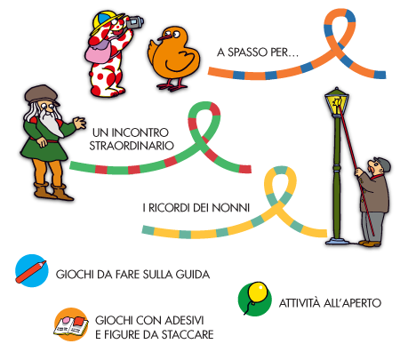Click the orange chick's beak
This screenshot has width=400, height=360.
pyautogui.click(x=164, y=37)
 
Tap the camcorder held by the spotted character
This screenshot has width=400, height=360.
pyautogui.click(x=135, y=22)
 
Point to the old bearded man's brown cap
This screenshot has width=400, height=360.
pyautogui.click(x=42, y=95)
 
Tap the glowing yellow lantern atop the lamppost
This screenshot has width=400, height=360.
pyautogui.click(x=337, y=102)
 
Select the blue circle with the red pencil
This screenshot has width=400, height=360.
pyautogui.click(x=32, y=271)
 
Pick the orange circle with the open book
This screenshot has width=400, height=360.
pyautogui.click(x=71, y=324)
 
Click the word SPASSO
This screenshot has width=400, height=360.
pyautogui.click(x=247, y=52)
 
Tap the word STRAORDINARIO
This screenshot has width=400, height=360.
pyautogui.click(x=132, y=146)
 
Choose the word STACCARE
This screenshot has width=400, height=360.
pyautogui.click(x=188, y=334)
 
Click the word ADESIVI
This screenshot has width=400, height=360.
pyautogui.click(x=183, y=320)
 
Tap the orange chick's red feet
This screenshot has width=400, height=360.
pyautogui.click(x=172, y=86)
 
